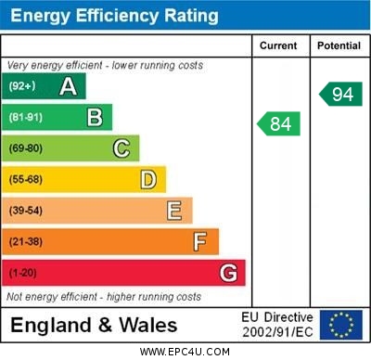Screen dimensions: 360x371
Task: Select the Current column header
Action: pos(278,45)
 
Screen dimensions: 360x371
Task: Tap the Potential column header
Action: pos(339,45)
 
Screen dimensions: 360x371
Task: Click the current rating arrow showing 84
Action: pos(279,123)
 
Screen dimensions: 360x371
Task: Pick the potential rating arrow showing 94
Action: pos(340,93)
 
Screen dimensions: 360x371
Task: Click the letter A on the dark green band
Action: pos(68,86)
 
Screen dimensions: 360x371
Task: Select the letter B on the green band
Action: pos(95,118)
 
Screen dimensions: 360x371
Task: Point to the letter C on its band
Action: pos(122,148)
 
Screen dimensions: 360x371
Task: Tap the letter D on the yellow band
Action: pos(148,179)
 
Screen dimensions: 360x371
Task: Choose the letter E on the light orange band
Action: pos(174,211)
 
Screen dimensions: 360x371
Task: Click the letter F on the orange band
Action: pos(200,241)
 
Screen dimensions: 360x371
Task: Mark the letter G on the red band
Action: pos(228,273)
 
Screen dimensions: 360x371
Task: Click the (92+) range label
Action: pos(22,86)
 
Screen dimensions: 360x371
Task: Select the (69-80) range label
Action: pos(26,148)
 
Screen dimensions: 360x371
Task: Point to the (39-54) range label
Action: pos(26,211)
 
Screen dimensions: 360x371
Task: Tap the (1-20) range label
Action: pos(22,273)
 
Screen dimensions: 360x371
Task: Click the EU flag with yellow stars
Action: pos(340,325)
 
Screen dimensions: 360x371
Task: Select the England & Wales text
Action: pos(94,326)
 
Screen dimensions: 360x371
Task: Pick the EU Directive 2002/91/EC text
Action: pos(278,325)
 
